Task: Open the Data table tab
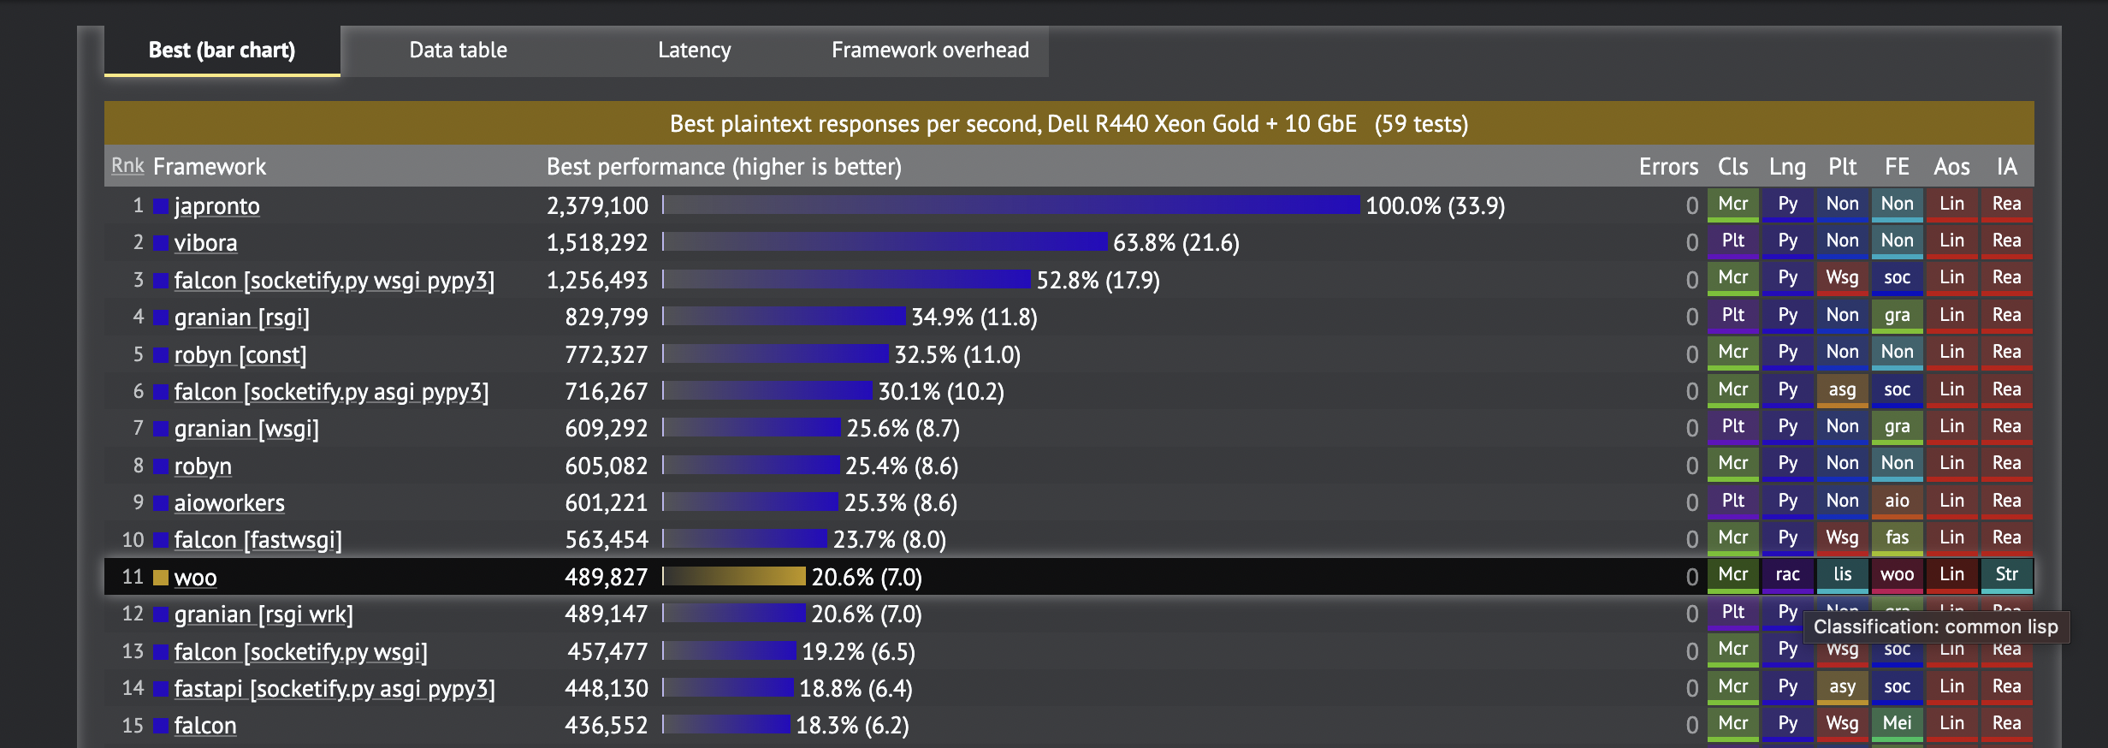pyautogui.click(x=458, y=50)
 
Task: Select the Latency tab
pyautogui.click(x=694, y=50)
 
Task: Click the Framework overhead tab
pyautogui.click(x=930, y=50)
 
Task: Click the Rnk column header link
pyautogui.click(x=127, y=165)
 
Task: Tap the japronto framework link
pyautogui.click(x=216, y=206)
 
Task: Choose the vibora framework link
pyautogui.click(x=205, y=243)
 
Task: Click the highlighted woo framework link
pyautogui.click(x=195, y=578)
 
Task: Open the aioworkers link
pyautogui.click(x=229, y=503)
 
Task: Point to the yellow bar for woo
pyautogui.click(x=736, y=577)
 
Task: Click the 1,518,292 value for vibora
pyautogui.click(x=597, y=243)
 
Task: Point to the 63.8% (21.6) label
pyautogui.click(x=1175, y=243)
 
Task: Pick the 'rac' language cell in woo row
pyautogui.click(x=1787, y=575)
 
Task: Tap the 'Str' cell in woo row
pyautogui.click(x=2006, y=575)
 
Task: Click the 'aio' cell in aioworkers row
pyautogui.click(x=1897, y=502)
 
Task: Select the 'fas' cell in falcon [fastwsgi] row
pyautogui.click(x=1897, y=538)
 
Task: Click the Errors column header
pyautogui.click(x=1668, y=167)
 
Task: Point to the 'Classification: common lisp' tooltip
pyautogui.click(x=1935, y=627)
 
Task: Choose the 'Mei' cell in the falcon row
pyautogui.click(x=1897, y=724)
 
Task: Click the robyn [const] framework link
pyautogui.click(x=240, y=355)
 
